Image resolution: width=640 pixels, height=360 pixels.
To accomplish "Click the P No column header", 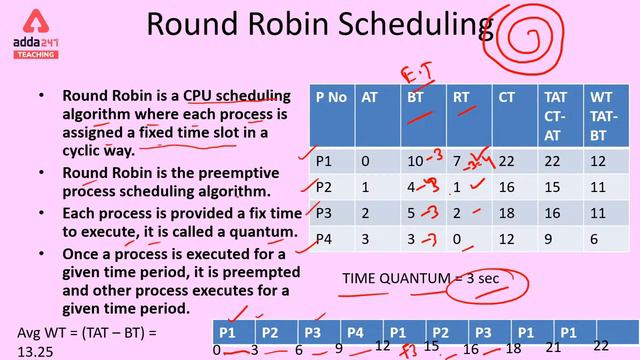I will pyautogui.click(x=330, y=97).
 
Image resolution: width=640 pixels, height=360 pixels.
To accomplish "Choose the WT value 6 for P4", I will pyautogui.click(x=597, y=239).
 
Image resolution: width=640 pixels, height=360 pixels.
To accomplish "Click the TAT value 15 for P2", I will pyautogui.click(x=551, y=187).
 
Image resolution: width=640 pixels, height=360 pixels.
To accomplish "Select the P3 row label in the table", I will pyautogui.click(x=324, y=213).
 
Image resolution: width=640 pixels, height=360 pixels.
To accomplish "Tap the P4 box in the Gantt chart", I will pyautogui.click(x=355, y=332).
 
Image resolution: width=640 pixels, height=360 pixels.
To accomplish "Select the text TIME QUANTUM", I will pyautogui.click(x=390, y=279).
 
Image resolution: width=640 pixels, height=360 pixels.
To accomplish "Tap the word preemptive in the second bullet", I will pyautogui.click(x=199, y=173).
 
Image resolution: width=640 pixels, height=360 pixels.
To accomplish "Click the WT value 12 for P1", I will pyautogui.click(x=597, y=160).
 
